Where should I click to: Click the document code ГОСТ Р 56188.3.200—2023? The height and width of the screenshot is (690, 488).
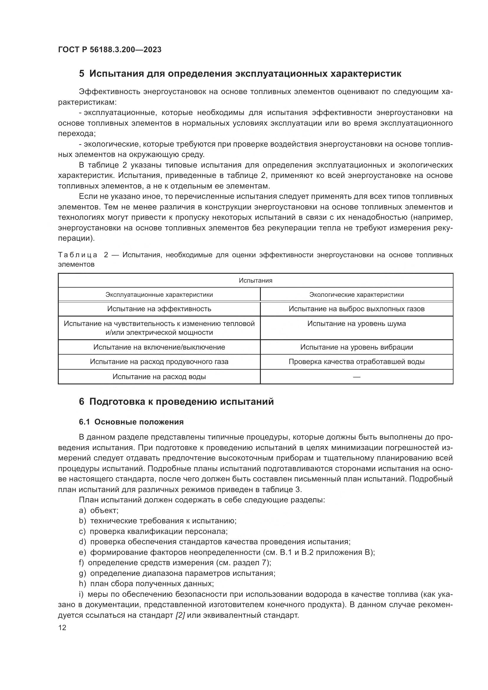coord(110,50)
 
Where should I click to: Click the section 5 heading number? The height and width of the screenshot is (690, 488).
coord(81,74)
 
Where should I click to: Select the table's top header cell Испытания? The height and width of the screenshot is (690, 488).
coord(256,280)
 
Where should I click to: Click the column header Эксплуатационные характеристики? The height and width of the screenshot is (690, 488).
coord(159,294)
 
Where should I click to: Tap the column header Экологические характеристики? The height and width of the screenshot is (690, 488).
coord(356,294)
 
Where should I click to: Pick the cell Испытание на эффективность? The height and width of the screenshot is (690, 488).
coord(159,309)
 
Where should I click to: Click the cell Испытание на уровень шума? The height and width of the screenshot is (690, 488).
coord(356,324)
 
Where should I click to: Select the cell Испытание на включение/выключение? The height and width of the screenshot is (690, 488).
coord(159,347)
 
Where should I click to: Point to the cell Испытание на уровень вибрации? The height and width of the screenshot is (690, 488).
coord(356,347)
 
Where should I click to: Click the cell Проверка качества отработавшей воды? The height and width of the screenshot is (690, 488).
coord(356,362)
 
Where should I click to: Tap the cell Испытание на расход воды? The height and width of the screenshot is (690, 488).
coord(159,376)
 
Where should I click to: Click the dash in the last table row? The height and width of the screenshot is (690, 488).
coord(356,376)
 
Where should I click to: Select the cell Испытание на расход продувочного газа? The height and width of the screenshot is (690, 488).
coord(159,362)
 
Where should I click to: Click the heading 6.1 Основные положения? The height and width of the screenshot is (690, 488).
coord(131,422)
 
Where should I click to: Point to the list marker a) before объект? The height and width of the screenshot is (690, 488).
coord(82,510)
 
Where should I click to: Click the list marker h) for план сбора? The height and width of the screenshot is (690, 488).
coord(82,584)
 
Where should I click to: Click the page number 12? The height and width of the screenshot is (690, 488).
coord(62,628)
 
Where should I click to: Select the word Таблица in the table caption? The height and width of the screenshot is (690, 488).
coord(78,255)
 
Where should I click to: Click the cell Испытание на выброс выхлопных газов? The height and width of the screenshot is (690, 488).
coord(356,309)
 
